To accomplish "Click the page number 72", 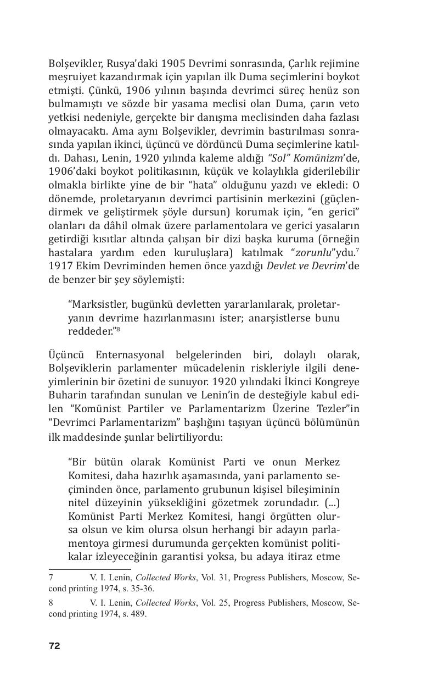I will pyautogui.click(x=54, y=646).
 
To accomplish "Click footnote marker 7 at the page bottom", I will pyautogui.click(x=51, y=578).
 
